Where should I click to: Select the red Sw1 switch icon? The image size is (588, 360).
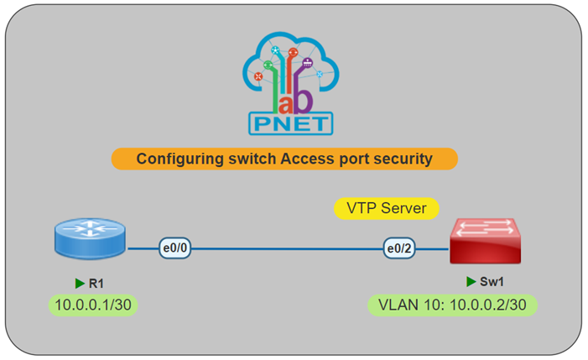[483, 241]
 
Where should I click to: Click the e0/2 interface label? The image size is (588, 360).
[401, 248]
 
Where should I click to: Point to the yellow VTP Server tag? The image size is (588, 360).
[387, 207]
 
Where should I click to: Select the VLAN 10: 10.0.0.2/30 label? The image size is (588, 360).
[452, 304]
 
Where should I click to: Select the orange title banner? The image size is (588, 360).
[284, 159]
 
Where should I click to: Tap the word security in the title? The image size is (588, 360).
[402, 159]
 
